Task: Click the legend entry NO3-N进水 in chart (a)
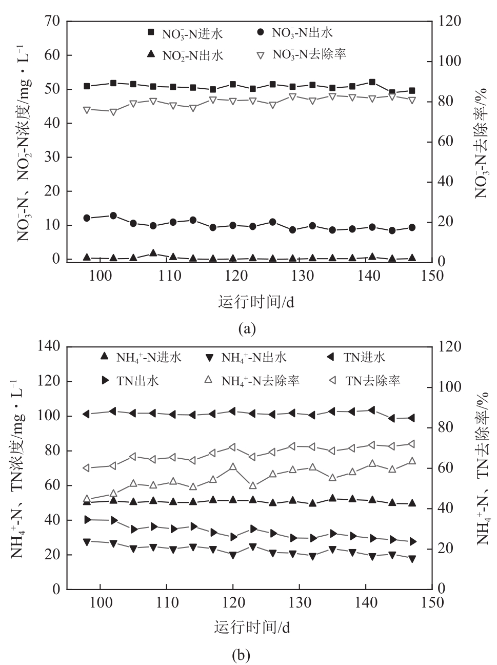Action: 185,34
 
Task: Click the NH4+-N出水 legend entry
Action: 246,357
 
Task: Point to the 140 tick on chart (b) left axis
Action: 49,347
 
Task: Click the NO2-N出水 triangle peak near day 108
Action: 153,253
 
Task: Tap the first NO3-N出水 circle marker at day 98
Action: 87,218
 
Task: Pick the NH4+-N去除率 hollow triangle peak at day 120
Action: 233,467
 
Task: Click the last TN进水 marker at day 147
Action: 411,418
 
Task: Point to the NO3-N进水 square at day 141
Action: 372,82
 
